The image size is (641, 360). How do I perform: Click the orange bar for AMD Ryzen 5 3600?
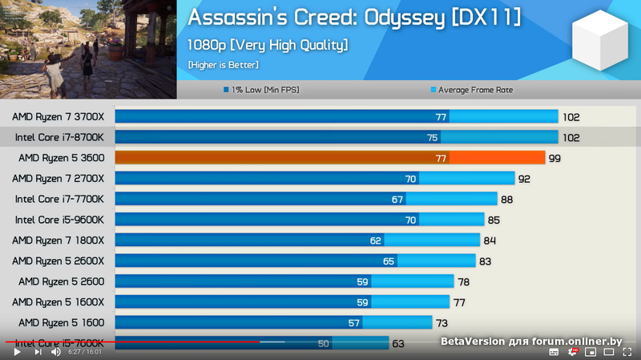(330, 158)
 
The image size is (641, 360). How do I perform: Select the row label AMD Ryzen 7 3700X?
(58, 117)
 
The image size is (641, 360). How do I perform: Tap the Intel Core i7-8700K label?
(59, 138)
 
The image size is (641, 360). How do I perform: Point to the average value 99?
(554, 159)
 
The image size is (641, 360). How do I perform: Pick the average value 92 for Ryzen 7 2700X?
(525, 179)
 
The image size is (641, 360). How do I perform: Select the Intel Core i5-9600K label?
(59, 220)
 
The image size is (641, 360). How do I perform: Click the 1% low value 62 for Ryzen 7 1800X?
(376, 241)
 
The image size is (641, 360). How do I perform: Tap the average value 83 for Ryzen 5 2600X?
(486, 261)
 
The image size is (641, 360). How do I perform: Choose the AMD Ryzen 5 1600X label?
(61, 302)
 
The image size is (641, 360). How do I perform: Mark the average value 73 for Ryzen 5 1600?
(464, 323)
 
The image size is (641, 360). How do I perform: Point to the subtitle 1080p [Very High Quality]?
(268, 45)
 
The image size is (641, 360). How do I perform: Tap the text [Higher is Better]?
(224, 65)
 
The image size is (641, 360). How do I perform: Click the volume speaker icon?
(56, 351)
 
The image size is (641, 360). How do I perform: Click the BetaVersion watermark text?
(530, 342)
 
